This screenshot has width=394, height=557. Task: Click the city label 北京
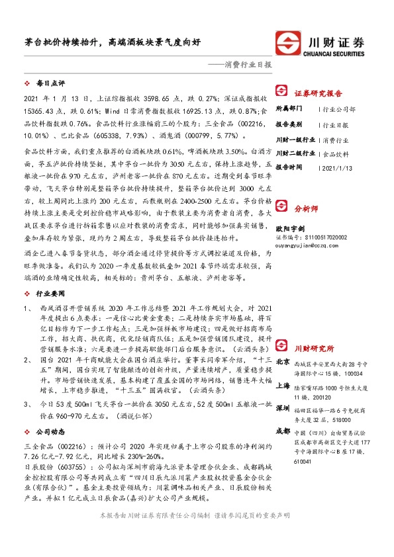pos(282,362)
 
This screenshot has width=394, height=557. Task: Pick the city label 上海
pos(282,385)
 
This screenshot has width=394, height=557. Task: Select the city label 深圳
pos(282,408)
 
